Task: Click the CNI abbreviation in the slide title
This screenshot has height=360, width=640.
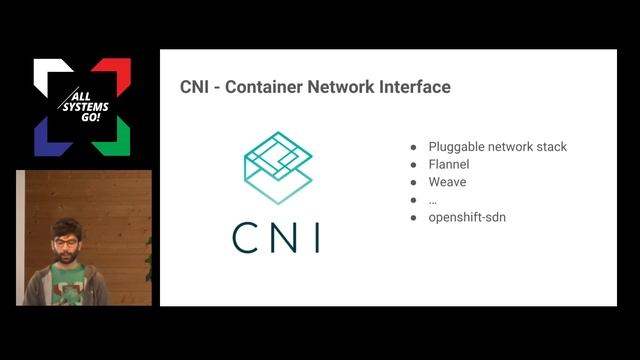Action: point(195,87)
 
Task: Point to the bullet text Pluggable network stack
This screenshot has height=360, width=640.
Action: point(497,147)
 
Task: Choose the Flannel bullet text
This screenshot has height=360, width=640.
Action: point(449,164)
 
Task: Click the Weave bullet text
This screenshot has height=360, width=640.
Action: point(447,182)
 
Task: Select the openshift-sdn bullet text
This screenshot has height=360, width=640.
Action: point(467,216)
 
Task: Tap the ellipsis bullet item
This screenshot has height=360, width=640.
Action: point(433,200)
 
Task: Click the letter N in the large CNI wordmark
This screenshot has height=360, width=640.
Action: point(283,237)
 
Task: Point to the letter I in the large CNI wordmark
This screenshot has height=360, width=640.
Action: point(315,237)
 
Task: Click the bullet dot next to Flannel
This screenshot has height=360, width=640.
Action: point(413,165)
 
